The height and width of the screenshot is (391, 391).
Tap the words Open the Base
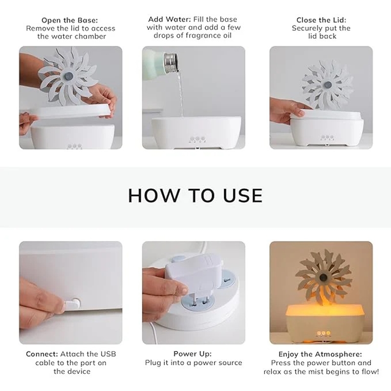click(69, 20)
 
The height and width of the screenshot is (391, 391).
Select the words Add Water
click(170, 19)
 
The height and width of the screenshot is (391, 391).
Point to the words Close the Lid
click(321, 20)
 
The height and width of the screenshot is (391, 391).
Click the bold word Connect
click(42, 354)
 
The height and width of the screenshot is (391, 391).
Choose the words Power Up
click(193, 354)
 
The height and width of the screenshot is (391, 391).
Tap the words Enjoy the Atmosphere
click(320, 354)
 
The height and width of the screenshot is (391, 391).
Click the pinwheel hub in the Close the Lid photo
click(327, 85)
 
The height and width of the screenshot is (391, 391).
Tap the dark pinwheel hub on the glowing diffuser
click(323, 277)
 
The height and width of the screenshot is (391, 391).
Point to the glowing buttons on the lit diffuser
click(323, 333)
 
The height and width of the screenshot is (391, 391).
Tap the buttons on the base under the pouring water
click(197, 139)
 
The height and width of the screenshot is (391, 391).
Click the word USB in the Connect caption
click(108, 354)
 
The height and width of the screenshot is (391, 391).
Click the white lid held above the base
click(73, 111)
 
